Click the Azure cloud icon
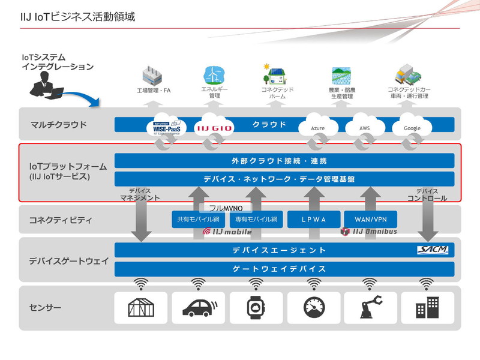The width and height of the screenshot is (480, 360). tap(318, 126)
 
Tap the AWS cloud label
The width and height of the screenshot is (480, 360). tap(364, 128)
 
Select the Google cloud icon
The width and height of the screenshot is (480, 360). tap(412, 126)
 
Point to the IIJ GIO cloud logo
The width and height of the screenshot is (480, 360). tap(214, 126)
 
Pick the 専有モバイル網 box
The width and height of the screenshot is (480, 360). tap(256, 220)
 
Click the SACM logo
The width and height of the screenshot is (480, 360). tap(432, 250)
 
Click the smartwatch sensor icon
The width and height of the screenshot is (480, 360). tap(255, 308)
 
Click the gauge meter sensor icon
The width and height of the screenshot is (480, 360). tap(312, 308)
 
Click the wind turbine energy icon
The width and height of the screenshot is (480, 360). tap(211, 75)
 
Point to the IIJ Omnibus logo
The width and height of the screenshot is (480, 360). tap(368, 232)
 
